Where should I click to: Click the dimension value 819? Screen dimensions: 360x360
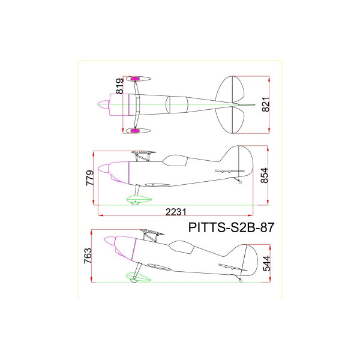(119, 86)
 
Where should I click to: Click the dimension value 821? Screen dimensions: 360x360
(266, 104)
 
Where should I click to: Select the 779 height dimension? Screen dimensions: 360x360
(90, 178)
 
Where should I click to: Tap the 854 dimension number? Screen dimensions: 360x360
(264, 175)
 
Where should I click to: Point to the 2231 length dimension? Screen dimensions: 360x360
(176, 212)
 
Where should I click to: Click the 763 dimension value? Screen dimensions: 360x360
(88, 256)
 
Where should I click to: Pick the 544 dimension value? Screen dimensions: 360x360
(266, 263)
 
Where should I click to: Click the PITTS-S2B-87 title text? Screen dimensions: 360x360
(231, 227)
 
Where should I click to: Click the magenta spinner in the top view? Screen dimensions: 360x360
(104, 104)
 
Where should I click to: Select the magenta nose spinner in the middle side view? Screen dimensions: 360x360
(104, 169)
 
